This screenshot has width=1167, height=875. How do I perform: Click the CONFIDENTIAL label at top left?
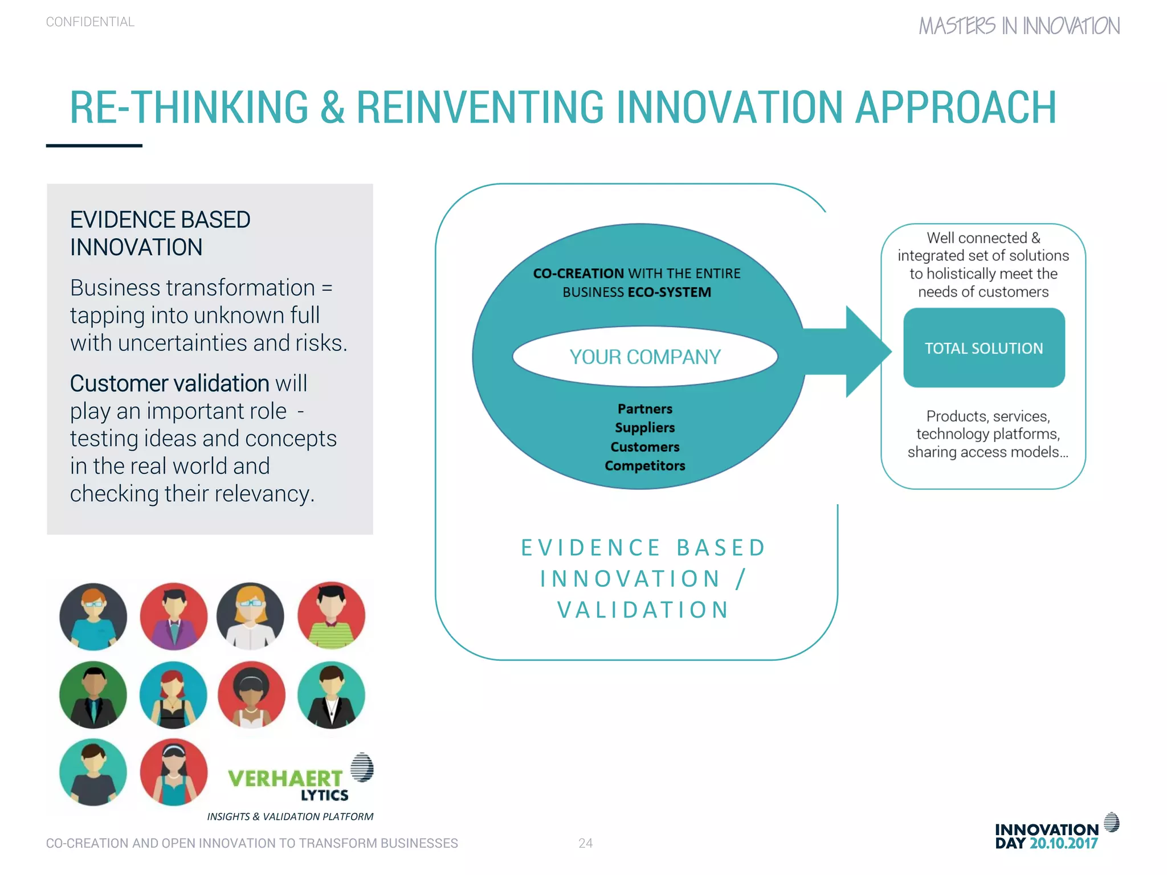click(90, 22)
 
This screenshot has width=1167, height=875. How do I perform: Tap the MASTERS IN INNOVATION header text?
click(1019, 26)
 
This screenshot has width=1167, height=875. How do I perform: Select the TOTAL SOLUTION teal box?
click(984, 348)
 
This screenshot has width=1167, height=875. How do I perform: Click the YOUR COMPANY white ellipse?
click(644, 357)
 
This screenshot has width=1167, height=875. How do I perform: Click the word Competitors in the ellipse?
click(644, 466)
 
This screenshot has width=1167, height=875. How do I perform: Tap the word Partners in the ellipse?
click(644, 409)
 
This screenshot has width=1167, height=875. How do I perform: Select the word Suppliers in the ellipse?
click(644, 428)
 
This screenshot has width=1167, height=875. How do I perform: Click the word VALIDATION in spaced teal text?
click(643, 610)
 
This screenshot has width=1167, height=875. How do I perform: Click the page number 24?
click(585, 843)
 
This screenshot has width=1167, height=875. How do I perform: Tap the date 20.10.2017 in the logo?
click(1063, 844)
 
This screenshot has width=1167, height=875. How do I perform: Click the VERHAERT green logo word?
click(285, 778)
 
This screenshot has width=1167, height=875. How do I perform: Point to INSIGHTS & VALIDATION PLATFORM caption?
click(290, 816)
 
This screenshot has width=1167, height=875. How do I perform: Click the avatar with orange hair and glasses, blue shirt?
click(93, 616)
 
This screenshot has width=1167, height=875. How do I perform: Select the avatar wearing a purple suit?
click(174, 616)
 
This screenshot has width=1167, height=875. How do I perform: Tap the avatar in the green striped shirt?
click(331, 616)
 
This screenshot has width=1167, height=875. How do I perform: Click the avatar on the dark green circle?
click(93, 694)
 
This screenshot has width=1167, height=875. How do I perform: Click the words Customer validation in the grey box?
click(169, 383)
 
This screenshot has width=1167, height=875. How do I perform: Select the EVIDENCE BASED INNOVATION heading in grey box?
click(160, 234)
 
